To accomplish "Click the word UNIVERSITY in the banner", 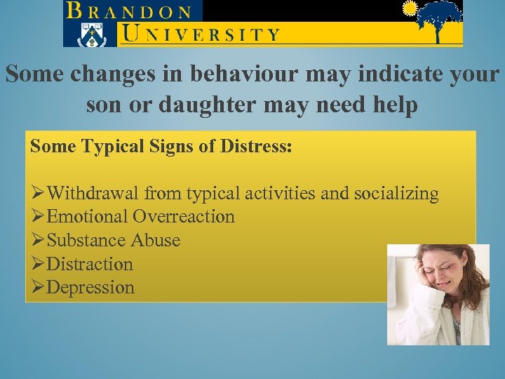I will point(201,33).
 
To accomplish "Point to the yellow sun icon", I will point(409,8).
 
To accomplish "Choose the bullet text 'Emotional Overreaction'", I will point(140,216).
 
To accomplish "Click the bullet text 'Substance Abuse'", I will point(113,240).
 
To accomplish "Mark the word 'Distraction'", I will point(90,264).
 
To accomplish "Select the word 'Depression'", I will point(90,287).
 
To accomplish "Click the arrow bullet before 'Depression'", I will point(38,287).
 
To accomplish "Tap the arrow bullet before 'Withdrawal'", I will point(38,193).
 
